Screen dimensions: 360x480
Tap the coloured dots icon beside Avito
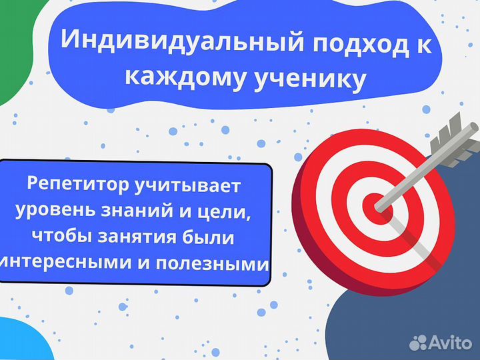click(418, 343)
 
